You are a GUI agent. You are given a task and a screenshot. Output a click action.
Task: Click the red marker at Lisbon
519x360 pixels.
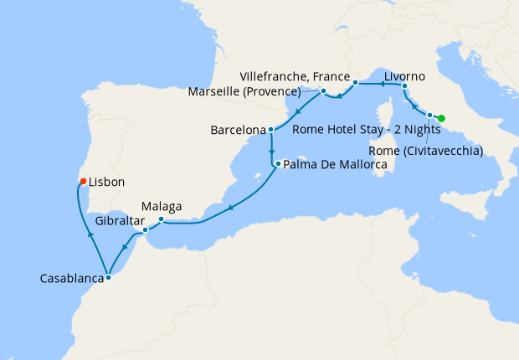pyautogui.click(x=82, y=181)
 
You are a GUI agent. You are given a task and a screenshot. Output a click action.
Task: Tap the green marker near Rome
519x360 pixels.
pyautogui.click(x=441, y=118)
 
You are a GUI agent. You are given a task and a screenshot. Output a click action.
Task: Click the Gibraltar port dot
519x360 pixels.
pyautogui.click(x=145, y=229)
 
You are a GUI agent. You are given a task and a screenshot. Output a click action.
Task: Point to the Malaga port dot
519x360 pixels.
pyautogui.click(x=161, y=220)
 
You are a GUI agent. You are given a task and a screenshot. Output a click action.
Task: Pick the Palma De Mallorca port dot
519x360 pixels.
pyautogui.click(x=277, y=164)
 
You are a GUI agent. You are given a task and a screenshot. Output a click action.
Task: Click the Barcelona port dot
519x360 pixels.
pyautogui.click(x=271, y=130)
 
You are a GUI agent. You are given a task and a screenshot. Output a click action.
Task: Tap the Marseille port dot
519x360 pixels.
pyautogui.click(x=323, y=90)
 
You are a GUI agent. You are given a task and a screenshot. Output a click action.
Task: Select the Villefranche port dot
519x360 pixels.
pyautogui.click(x=356, y=83)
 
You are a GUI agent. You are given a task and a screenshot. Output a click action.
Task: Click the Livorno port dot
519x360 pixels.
pyautogui.click(x=404, y=86)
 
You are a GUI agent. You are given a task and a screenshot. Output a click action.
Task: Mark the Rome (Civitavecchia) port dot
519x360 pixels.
pyautogui.click(x=429, y=116)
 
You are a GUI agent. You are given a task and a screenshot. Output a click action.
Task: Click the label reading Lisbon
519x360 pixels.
pyautogui.click(x=107, y=181)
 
